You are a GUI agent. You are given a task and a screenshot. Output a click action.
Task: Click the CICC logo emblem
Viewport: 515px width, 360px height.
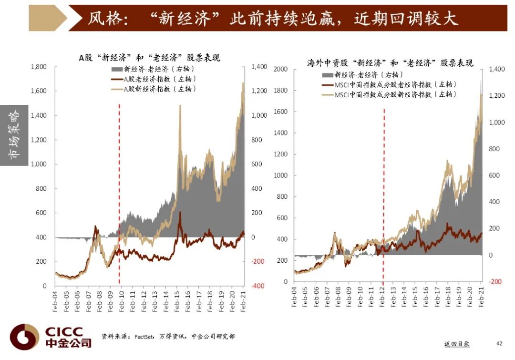click(24, 337)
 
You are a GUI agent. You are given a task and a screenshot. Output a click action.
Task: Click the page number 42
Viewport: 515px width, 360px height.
click(499, 343)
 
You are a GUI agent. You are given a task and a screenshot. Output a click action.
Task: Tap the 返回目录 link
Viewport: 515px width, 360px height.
click(456, 344)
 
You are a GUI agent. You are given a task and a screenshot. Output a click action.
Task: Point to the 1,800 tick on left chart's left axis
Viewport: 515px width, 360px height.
click(39, 67)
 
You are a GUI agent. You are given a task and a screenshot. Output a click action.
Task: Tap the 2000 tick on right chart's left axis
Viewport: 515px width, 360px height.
click(281, 70)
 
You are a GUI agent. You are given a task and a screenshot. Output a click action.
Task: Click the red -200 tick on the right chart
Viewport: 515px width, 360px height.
click(495, 281)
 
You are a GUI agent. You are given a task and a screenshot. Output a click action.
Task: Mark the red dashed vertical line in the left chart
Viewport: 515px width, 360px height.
click(119, 191)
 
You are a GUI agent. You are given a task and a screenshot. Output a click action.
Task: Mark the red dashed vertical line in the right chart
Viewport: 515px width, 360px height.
click(384, 191)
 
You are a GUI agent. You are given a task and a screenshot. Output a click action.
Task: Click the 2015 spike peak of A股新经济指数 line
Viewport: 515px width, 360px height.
click(180, 106)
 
